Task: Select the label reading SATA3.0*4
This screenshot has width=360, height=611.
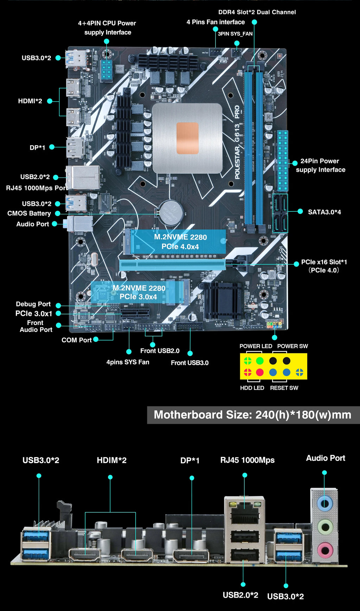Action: click(x=324, y=212)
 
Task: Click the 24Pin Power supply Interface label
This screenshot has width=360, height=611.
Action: click(x=320, y=165)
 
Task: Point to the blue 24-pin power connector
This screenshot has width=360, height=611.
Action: click(x=283, y=161)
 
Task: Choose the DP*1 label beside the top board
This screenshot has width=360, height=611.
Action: click(x=37, y=147)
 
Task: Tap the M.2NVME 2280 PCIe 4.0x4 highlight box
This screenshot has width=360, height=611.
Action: click(x=180, y=242)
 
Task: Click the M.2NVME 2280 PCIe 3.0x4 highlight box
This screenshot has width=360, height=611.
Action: click(x=139, y=292)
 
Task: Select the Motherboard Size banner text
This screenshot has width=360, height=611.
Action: click(x=252, y=415)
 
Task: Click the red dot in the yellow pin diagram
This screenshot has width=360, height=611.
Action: click(x=260, y=372)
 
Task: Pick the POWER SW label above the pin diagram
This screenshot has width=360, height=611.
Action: click(x=292, y=346)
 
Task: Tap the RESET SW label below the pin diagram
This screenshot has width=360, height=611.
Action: click(x=284, y=388)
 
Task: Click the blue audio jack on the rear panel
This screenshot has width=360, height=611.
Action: click(x=325, y=503)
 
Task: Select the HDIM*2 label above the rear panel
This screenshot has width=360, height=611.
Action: click(x=111, y=460)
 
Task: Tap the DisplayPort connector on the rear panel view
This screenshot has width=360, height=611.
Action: click(x=191, y=556)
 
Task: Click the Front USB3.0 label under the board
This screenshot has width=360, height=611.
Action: click(x=189, y=363)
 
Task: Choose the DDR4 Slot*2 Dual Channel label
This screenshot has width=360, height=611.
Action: click(x=257, y=12)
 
